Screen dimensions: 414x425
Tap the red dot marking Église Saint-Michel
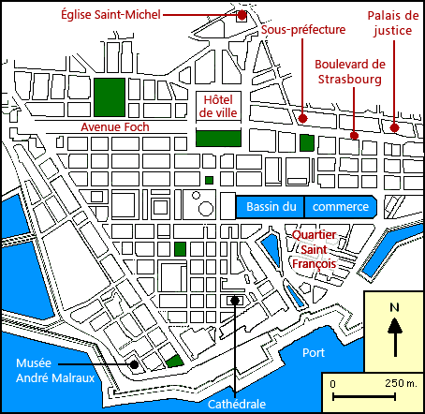[x=242, y=15]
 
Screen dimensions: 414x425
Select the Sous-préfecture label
[x=303, y=30]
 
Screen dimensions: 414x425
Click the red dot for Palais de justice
[x=395, y=128]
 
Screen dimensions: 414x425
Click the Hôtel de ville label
[x=217, y=106]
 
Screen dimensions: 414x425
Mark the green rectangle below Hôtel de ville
[x=217, y=138]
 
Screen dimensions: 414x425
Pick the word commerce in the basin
[x=340, y=207]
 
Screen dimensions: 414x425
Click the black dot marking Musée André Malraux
[x=134, y=364]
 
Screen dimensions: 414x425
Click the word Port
[x=314, y=353]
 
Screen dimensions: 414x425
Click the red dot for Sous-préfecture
[x=303, y=118]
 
